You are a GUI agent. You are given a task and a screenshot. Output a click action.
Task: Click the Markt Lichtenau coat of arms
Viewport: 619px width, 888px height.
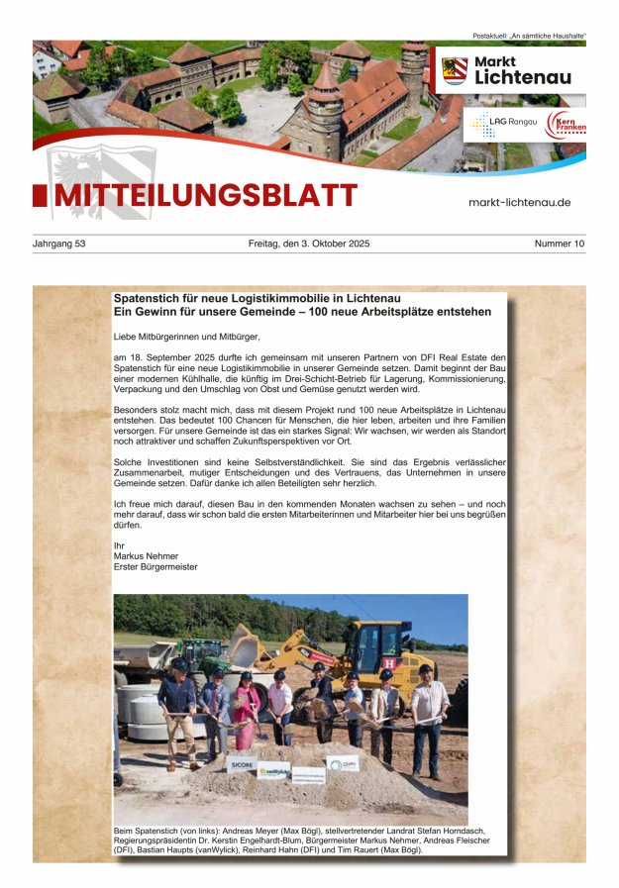[455, 71]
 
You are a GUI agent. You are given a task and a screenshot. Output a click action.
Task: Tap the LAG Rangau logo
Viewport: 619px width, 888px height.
[501, 124]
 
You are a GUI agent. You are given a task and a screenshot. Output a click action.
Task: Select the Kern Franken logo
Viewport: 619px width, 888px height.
[566, 125]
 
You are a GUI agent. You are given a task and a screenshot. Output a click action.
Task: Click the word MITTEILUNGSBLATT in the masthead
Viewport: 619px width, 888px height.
[205, 196]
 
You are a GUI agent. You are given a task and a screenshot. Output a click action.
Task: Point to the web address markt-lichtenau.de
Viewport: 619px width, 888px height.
[519, 202]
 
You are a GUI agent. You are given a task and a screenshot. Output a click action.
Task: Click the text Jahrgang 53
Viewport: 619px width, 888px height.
[59, 244]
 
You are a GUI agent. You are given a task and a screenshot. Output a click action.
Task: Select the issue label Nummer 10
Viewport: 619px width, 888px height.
[560, 244]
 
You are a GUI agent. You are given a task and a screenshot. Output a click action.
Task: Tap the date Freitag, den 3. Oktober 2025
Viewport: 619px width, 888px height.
[309, 244]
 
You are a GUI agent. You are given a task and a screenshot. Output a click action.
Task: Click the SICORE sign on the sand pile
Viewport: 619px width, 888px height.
[242, 764]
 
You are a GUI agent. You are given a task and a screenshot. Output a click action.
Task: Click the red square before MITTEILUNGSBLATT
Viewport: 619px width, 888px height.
[40, 196]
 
